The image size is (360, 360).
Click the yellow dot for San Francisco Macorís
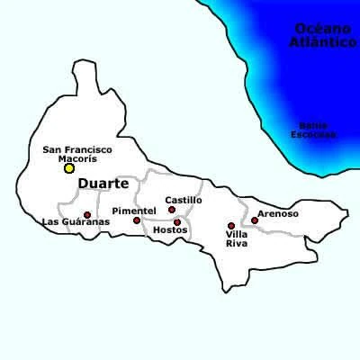[69, 168]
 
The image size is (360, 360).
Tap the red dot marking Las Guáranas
[87, 215]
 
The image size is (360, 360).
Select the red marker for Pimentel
[137, 220]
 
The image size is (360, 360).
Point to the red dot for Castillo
[172, 210]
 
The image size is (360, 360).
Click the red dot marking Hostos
[177, 221]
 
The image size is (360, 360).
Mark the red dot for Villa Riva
[231, 226]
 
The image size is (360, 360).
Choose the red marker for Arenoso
[255, 220]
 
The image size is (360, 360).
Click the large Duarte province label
[103, 184]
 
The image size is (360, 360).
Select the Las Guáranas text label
[76, 221]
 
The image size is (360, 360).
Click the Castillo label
[184, 200]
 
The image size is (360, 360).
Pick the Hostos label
[170, 230]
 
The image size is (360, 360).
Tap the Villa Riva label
[236, 239]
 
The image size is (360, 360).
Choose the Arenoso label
[277, 214]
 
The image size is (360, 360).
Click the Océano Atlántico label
[325, 36]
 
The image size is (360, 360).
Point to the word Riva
[236, 244]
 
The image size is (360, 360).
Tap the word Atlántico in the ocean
[325, 42]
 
